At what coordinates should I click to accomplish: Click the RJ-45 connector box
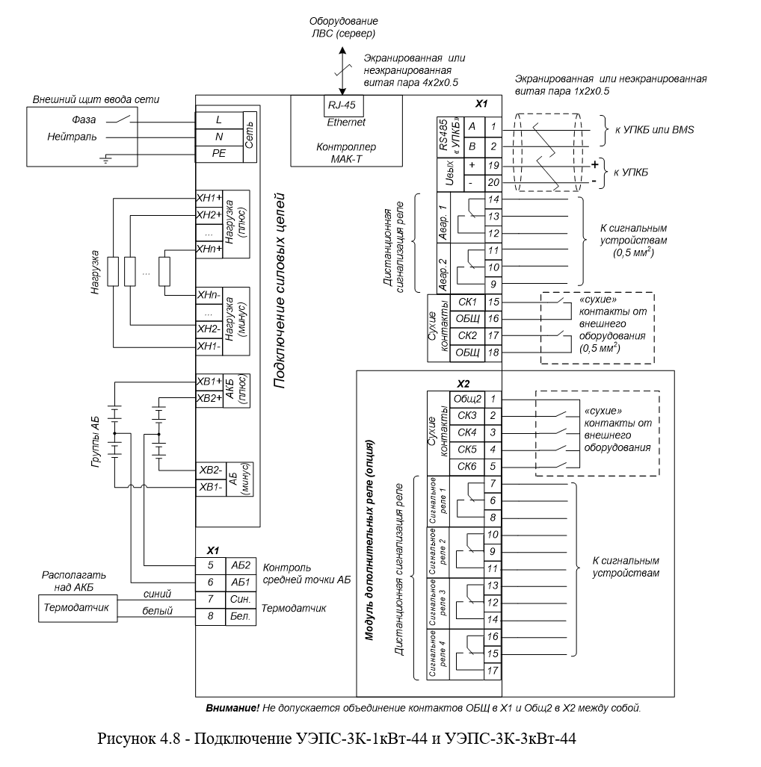(343, 105)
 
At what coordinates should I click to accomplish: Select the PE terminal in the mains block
(219, 154)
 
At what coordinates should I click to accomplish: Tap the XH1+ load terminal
(209, 198)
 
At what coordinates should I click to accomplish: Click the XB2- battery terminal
(211, 471)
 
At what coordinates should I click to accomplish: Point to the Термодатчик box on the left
(78, 608)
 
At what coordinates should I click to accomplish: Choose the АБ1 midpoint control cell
(241, 583)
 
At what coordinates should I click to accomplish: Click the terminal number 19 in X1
(493, 166)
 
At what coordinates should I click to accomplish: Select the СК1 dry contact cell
(467, 302)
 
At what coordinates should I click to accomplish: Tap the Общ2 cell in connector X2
(467, 399)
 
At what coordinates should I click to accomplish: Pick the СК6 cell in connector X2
(467, 467)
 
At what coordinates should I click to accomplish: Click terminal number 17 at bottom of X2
(493, 671)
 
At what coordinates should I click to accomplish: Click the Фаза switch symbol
(119, 119)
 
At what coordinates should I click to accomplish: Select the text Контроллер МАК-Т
(346, 152)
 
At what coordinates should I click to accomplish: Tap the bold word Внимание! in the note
(232, 708)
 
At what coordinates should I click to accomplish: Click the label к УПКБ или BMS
(655, 130)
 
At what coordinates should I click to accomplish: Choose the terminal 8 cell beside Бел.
(211, 616)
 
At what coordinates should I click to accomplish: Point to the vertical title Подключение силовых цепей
(279, 291)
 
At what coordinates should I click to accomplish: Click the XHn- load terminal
(209, 296)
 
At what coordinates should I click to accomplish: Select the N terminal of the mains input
(219, 137)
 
